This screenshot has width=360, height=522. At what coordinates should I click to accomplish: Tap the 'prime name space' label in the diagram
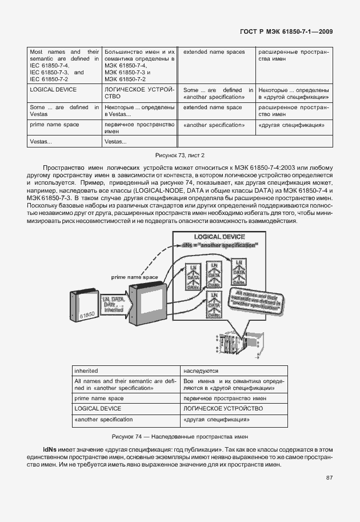tap(135, 277)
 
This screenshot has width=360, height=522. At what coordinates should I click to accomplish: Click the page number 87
tap(329, 477)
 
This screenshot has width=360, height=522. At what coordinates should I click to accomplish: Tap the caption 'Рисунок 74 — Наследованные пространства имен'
tap(180, 436)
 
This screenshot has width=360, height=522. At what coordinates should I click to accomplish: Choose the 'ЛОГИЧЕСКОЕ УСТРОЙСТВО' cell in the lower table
tap(223, 409)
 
